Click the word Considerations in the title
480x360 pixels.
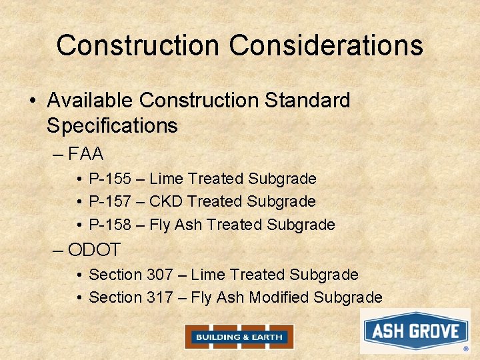click(326, 45)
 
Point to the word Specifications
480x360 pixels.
click(112, 125)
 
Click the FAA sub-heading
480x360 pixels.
click(86, 155)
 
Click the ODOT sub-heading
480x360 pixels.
click(94, 250)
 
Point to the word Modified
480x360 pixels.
click(279, 297)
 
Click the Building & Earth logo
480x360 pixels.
click(239, 337)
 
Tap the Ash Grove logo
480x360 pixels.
click(415, 331)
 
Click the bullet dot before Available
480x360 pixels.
click(32, 101)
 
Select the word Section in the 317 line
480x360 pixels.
click(115, 297)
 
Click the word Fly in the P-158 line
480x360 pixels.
click(160, 225)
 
